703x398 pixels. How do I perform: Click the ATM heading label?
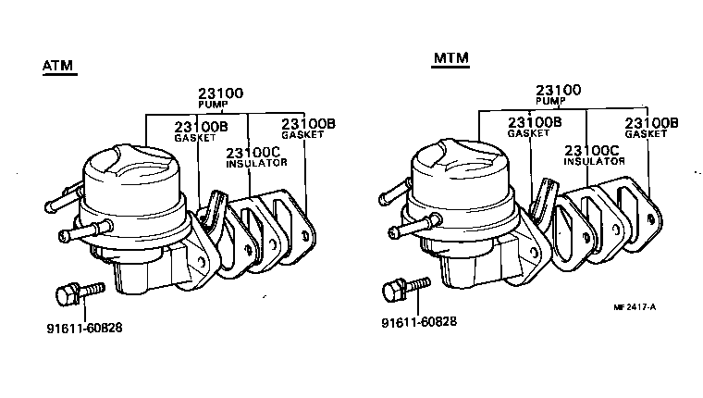59,66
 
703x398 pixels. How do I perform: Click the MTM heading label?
451,58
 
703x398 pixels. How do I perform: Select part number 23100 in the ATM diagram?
221,93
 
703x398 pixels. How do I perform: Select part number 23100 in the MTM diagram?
559,90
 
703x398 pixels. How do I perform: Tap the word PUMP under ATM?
213,105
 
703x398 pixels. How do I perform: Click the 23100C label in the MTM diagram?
591,149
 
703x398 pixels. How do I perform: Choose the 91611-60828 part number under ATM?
85,327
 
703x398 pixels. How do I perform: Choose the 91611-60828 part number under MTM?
419,323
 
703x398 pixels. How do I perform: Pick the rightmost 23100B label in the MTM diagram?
651,122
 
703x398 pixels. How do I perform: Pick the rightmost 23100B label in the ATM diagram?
308,123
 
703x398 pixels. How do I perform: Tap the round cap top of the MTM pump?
459,159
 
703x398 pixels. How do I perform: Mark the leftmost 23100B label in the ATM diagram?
203,126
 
